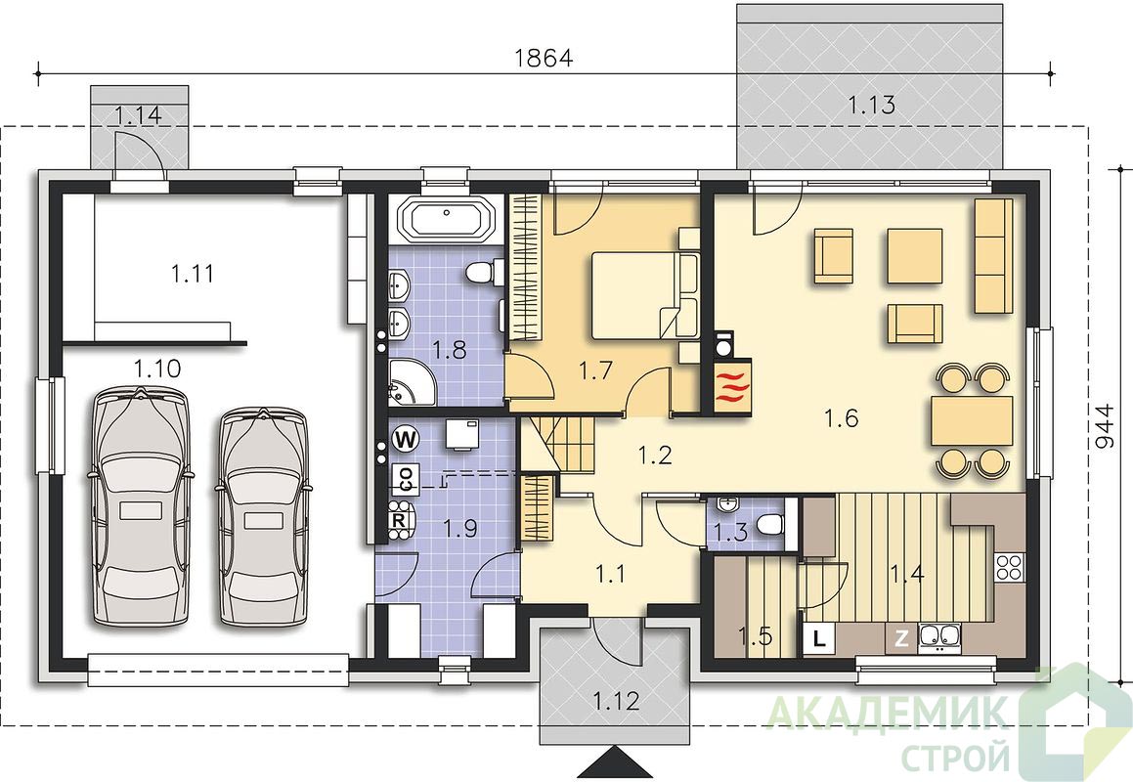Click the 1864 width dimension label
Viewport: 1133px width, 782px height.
(x=544, y=58)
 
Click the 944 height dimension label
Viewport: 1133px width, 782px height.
(x=1107, y=425)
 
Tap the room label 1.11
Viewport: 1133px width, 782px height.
(x=193, y=274)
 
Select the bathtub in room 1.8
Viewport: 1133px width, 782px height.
(x=446, y=219)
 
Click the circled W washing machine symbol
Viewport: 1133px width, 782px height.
(x=407, y=439)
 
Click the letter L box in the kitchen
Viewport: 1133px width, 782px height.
(x=819, y=638)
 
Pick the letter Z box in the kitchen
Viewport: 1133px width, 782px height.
(x=901, y=638)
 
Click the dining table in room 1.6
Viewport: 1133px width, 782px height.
(x=972, y=421)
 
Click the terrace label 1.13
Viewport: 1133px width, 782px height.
(x=871, y=106)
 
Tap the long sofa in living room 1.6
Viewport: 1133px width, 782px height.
(x=993, y=256)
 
